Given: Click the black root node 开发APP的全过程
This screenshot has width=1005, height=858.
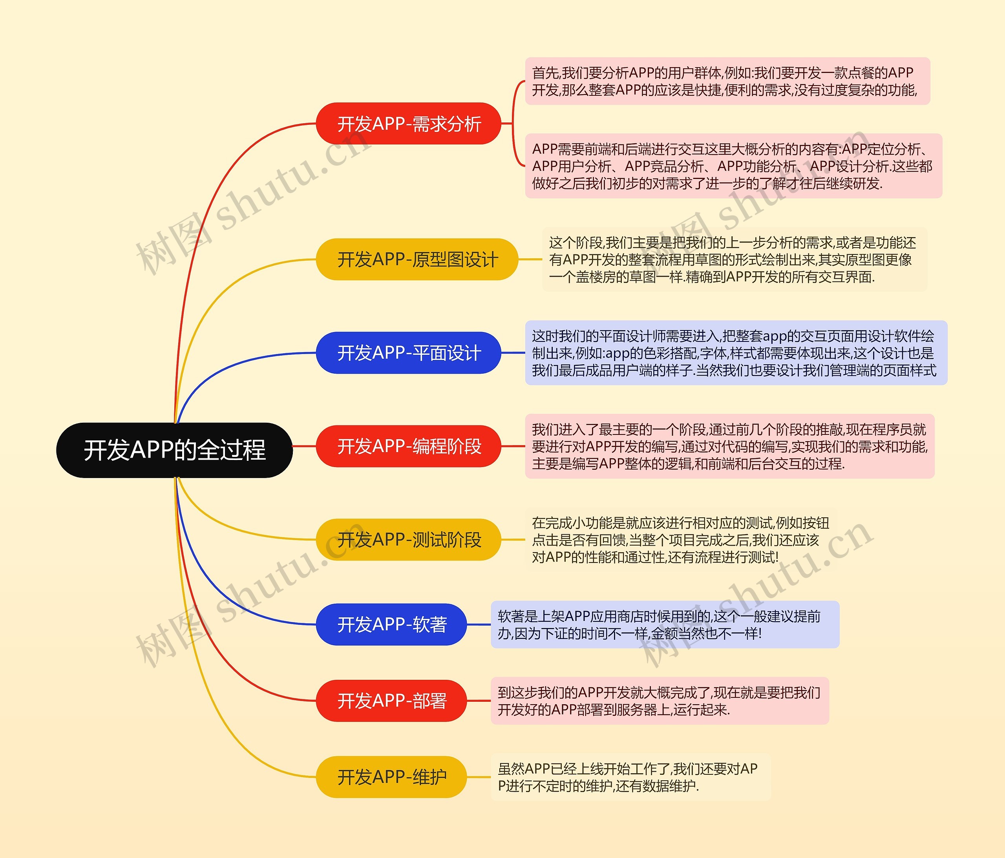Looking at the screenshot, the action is click(175, 450).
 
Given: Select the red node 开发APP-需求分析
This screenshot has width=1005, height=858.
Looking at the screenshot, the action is click(408, 124).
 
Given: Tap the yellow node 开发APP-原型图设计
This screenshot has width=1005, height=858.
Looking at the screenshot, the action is click(417, 259).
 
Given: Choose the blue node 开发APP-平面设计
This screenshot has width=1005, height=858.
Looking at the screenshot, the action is click(408, 352).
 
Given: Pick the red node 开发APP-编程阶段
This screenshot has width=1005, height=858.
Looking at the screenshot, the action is click(408, 446).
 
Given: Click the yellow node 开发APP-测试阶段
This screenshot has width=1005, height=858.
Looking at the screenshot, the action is click(408, 539).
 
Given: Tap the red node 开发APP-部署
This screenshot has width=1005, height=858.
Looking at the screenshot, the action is click(391, 701).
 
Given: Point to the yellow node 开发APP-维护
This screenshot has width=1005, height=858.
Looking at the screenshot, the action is click(391, 777).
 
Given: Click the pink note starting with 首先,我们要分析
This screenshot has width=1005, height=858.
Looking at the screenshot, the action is click(727, 81).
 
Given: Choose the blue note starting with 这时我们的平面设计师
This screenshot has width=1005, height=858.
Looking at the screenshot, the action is click(736, 352).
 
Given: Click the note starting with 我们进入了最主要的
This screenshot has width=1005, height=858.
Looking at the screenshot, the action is click(729, 446).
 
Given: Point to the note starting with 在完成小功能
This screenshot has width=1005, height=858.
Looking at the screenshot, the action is click(680, 539).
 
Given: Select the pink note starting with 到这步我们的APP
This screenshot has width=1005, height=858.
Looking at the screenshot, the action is click(660, 701).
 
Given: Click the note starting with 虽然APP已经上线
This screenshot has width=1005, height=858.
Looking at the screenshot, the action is click(630, 777).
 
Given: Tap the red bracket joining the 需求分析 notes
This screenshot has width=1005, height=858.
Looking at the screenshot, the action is click(513, 124).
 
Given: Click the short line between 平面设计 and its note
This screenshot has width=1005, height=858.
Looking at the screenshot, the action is click(513, 352).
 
